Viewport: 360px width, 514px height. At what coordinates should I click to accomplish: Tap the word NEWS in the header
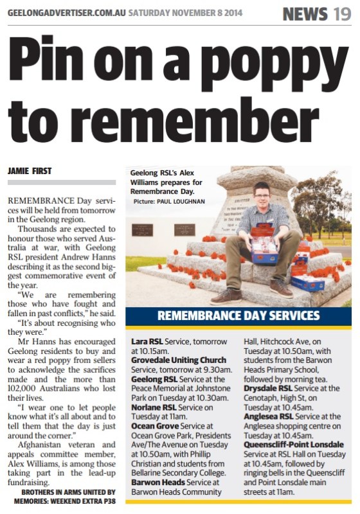306,13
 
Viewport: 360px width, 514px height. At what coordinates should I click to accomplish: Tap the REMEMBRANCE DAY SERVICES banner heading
239,315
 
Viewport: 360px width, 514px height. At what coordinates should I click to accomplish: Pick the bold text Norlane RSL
154,407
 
